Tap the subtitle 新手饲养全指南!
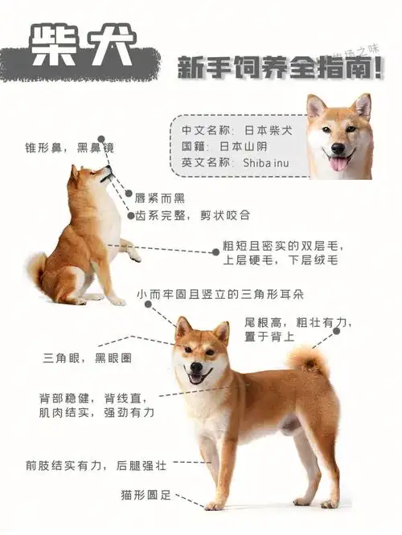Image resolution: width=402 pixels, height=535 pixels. (279, 67)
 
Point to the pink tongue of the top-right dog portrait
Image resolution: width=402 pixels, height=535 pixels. (338, 163)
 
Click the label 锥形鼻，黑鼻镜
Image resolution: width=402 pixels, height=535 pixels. (69, 148)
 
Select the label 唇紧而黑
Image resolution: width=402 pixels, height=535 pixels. (160, 198)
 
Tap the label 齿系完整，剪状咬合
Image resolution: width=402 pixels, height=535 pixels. (192, 215)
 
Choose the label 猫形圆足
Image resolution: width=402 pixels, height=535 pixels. (145, 495)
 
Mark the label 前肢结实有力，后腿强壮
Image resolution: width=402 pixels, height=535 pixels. (96, 465)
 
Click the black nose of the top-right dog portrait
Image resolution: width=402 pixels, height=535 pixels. (338, 149)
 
